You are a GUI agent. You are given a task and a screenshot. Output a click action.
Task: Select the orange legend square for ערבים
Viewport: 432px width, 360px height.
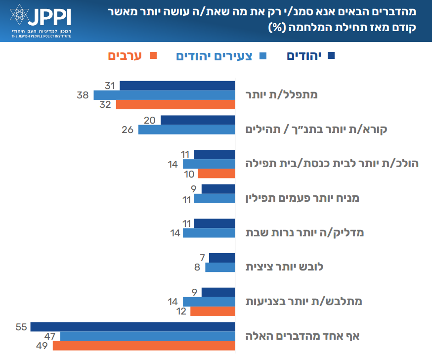point(152,56)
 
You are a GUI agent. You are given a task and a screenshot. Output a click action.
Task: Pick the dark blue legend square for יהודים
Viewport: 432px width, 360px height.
point(331,56)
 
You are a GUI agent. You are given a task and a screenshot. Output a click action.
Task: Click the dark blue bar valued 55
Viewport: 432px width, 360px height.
point(132,326)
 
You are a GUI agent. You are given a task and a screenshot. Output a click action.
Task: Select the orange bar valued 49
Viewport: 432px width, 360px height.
point(143,345)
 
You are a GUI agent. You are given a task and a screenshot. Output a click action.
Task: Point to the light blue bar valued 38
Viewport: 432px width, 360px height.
point(164,95)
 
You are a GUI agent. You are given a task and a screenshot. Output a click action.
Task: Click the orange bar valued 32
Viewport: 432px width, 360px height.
point(175,104)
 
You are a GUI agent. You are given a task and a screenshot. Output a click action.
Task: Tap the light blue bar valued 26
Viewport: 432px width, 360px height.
point(186,130)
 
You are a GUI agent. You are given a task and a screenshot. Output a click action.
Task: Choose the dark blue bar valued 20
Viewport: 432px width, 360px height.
point(198,120)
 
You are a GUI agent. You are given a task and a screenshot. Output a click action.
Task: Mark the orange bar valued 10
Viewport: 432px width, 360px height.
point(216,173)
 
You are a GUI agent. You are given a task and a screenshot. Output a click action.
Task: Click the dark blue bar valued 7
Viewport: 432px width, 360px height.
point(222,258)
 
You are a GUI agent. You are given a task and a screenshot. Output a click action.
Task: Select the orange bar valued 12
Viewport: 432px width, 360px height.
point(213,311)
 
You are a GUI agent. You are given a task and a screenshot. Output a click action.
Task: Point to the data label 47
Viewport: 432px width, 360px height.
point(51,336)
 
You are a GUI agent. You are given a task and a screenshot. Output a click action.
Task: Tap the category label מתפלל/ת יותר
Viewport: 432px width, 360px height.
point(289,94)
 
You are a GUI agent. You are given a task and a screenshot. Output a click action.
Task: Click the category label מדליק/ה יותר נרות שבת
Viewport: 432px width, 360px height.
point(305,232)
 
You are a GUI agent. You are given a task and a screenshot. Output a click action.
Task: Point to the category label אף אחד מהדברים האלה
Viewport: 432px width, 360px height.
point(302,336)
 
